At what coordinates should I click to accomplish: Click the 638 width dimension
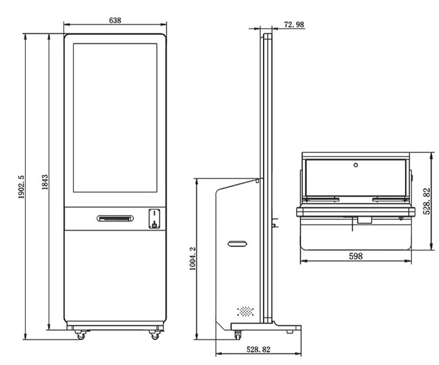(115, 21)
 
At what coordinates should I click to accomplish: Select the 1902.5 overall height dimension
(22, 187)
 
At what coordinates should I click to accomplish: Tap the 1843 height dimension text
(45, 182)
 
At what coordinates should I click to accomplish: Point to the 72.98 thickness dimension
(294, 25)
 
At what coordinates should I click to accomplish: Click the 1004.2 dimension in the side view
(193, 258)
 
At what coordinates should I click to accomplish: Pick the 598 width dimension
(355, 256)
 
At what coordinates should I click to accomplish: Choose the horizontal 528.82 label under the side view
(258, 349)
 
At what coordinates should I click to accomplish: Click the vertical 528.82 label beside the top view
(427, 202)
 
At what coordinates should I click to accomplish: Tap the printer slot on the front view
(115, 218)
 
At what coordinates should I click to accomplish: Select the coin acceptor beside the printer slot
(154, 218)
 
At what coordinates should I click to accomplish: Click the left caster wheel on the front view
(80, 335)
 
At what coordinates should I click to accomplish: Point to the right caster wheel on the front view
(155, 335)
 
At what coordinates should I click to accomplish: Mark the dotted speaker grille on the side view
(246, 311)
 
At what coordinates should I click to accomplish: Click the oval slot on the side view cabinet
(238, 244)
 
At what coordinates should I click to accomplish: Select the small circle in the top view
(355, 165)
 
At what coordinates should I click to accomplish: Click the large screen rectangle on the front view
(115, 118)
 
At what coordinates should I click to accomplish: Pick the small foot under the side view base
(290, 332)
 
